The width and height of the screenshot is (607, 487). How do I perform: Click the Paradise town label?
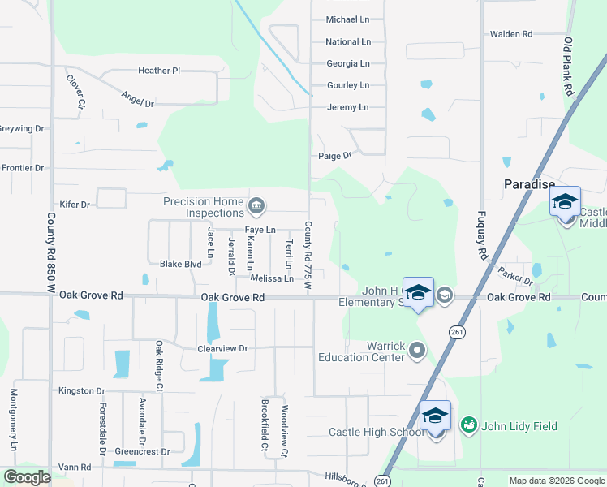(528, 184)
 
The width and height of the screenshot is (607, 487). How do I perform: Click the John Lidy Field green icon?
(468, 425)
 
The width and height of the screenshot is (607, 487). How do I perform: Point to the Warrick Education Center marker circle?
(417, 350)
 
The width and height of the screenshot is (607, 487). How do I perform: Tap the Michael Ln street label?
(347, 19)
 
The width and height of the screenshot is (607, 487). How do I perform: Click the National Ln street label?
(347, 41)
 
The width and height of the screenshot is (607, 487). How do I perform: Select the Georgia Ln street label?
(347, 63)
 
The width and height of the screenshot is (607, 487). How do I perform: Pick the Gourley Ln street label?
(347, 85)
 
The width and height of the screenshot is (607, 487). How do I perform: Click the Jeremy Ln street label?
(347, 107)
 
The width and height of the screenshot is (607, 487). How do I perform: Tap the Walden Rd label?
(510, 34)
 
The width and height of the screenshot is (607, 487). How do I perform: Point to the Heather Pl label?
(159, 71)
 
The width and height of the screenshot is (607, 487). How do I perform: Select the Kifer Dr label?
(75, 205)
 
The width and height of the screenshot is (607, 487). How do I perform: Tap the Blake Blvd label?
(180, 264)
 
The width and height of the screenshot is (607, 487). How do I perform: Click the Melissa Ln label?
(272, 278)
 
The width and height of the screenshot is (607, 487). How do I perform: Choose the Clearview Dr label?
(222, 348)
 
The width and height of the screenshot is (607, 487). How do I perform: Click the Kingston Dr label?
(77, 390)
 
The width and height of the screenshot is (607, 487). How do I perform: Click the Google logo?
(27, 477)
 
